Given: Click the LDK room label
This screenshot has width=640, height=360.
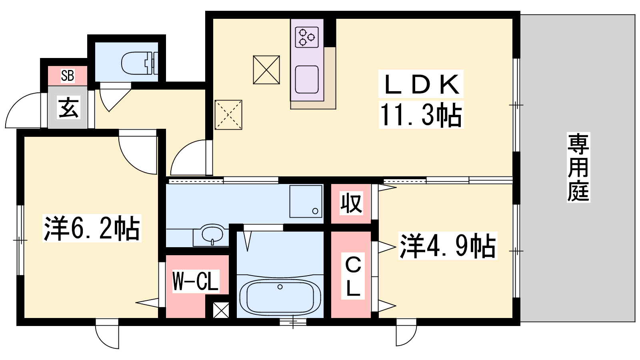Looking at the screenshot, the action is tap(421, 84).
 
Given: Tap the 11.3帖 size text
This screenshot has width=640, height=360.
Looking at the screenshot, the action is tap(421, 115).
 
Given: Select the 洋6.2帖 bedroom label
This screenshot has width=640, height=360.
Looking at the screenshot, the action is tap(92, 228).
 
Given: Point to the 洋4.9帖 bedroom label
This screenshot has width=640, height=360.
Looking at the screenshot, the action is tap(448, 246).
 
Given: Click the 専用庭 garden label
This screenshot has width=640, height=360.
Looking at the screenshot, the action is tap(578, 167).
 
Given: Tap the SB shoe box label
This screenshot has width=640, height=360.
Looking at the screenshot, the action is tap(68, 76).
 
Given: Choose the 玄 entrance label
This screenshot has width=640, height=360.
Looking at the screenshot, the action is tap(68, 108).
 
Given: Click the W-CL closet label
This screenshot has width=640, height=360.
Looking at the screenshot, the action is tap(196, 281).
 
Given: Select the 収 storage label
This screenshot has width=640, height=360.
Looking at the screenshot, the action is tap(352, 204).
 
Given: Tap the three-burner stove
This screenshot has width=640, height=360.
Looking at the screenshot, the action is tap(307, 37).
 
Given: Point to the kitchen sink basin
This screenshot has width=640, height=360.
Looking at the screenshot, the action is tap(307, 80).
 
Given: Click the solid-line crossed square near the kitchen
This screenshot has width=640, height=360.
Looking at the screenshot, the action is tap(266, 70).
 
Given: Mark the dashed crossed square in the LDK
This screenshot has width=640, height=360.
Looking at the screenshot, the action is tap(228, 115).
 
